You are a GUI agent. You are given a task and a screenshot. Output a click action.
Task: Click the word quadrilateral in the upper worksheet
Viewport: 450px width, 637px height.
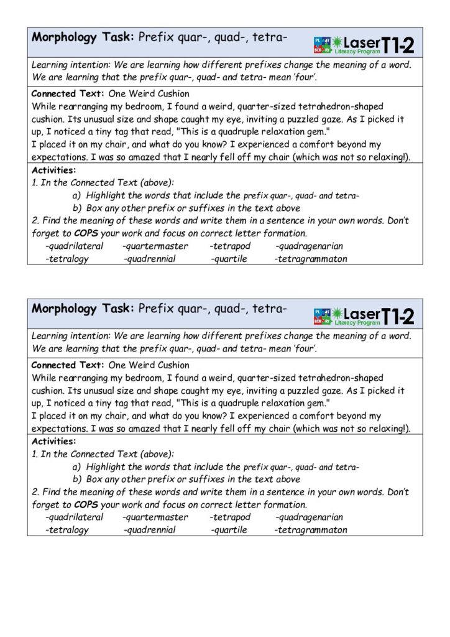tap(75, 246)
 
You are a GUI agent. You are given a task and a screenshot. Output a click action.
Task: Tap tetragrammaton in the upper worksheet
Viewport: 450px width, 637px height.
tap(311, 258)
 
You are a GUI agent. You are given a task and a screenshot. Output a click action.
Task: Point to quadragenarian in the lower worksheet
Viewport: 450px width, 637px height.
tap(310, 517)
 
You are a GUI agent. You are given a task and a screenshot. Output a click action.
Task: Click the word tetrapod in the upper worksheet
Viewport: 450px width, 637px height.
tap(231, 246)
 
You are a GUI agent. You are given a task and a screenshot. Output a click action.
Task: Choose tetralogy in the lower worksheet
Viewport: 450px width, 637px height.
tap(68, 530)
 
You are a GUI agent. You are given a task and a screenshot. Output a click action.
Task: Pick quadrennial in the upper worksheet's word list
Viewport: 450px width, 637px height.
tap(150, 258)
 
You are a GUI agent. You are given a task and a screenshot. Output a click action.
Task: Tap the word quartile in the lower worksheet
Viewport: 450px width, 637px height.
tap(229, 530)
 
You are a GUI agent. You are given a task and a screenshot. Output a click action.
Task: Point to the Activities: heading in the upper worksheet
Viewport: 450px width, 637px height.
tap(53, 170)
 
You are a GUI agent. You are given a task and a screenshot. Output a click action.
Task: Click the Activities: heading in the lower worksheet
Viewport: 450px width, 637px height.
tap(53, 441)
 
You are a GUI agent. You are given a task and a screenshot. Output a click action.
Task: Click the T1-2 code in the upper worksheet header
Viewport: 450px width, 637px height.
tap(398, 44)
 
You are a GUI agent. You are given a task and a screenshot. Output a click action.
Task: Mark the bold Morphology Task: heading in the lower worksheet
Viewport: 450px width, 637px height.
tap(83, 309)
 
